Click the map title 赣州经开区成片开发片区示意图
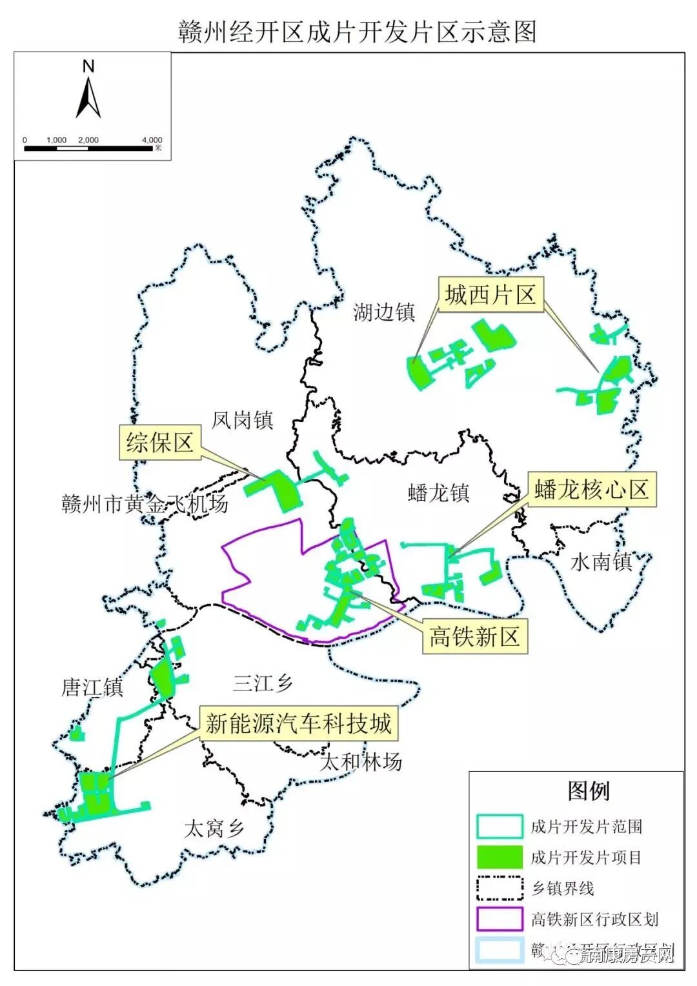[x=357, y=31]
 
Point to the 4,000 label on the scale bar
[x=152, y=140]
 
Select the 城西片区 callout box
[x=490, y=295]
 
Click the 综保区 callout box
[x=159, y=443]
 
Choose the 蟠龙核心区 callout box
[x=591, y=490]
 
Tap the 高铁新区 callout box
[x=474, y=637]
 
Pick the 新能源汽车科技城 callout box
[x=298, y=723]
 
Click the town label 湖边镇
[x=384, y=313]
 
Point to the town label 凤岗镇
[x=243, y=421]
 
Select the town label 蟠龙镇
[x=439, y=494]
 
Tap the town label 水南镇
[x=601, y=562]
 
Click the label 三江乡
[x=263, y=683]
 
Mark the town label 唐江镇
[x=92, y=687]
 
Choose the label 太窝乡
[x=214, y=829]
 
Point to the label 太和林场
[x=361, y=763]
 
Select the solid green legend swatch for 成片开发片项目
[x=500, y=857]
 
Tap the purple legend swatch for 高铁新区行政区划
[x=500, y=919]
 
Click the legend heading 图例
[x=589, y=790]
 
